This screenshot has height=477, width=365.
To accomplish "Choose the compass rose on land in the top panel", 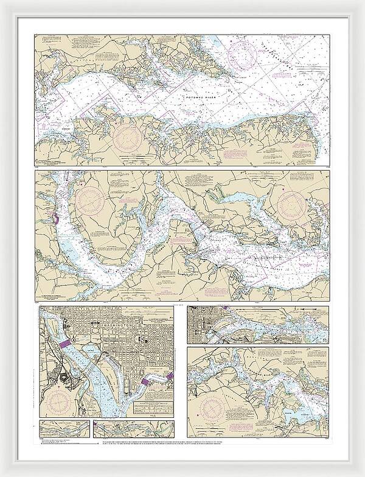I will point(128,135).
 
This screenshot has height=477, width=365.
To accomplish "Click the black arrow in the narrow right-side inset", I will point(299,311).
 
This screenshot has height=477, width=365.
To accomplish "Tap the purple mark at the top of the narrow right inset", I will point(226,309).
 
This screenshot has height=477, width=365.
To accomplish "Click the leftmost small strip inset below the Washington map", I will point(64,429).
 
